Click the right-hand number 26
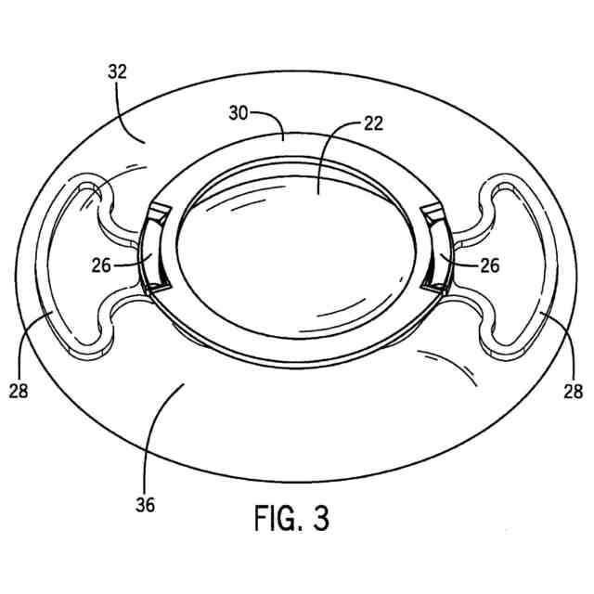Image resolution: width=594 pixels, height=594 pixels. [x=489, y=265]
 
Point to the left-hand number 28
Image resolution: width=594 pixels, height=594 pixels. [x=18, y=391]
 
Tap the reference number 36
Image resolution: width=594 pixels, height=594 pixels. [x=144, y=505]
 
